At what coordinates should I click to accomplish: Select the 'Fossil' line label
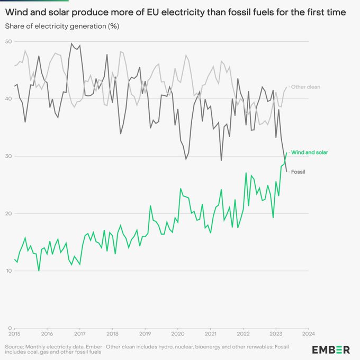click(x=299, y=172)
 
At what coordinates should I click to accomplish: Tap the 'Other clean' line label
click(x=305, y=87)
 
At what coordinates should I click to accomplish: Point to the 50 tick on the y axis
click(x=9, y=41)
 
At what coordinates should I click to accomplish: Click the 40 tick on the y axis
click(x=9, y=98)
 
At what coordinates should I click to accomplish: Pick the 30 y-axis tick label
click(x=9, y=156)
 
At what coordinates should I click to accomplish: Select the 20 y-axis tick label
click(x=9, y=213)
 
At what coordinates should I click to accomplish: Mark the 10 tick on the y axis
click(x=9, y=271)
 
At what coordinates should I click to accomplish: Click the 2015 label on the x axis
click(x=14, y=334)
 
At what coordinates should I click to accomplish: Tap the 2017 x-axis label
click(x=79, y=334)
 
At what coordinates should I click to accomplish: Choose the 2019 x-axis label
click(x=145, y=334)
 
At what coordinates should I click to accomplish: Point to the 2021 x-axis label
click(x=211, y=334)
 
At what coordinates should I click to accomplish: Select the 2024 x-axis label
click(x=309, y=334)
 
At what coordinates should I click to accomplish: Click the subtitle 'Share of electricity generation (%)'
click(x=55, y=25)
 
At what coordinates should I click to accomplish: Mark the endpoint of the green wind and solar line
click(x=286, y=152)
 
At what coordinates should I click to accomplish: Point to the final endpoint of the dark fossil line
click(x=286, y=171)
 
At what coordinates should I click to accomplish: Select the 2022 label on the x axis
click(x=244, y=334)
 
